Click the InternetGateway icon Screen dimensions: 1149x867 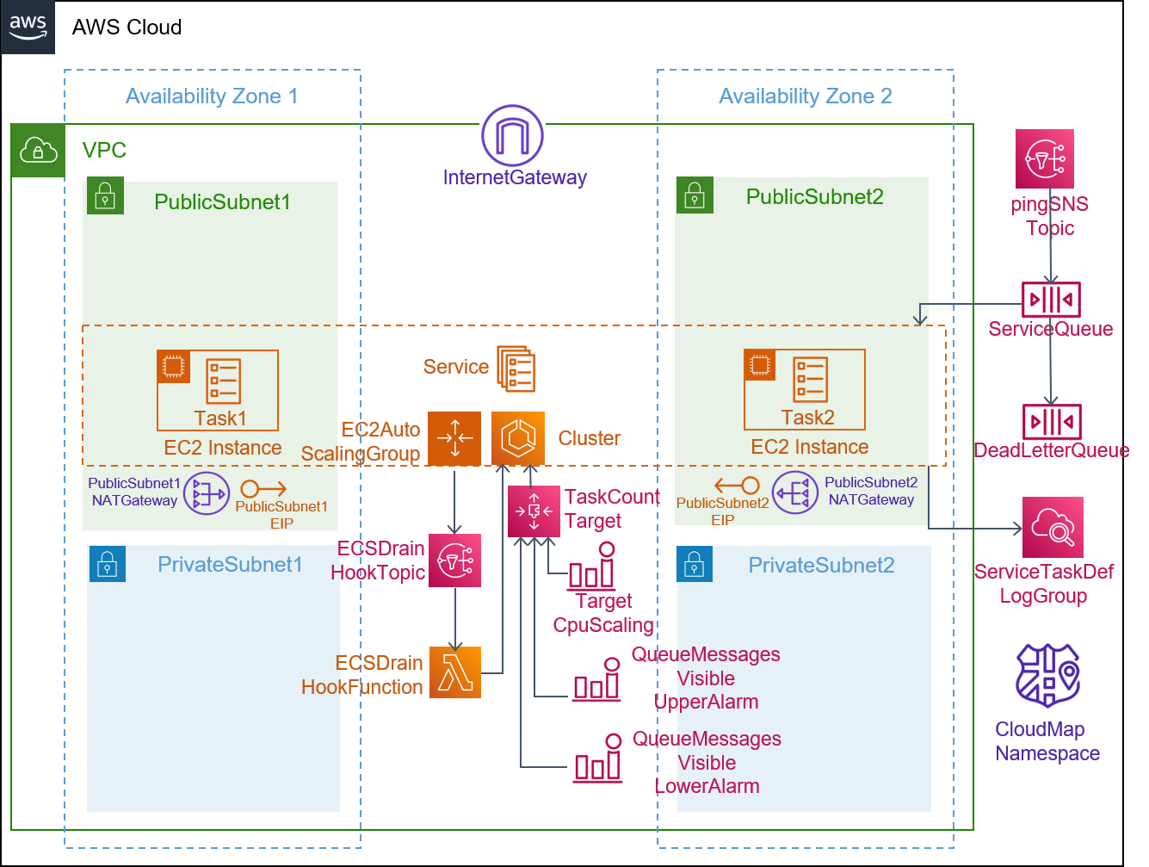coord(512,135)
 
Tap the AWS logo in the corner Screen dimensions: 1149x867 coord(28,28)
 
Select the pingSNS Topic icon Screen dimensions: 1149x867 coord(1044,158)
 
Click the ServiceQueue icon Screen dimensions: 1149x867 coord(1051,300)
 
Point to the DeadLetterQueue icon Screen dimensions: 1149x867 coord(1051,422)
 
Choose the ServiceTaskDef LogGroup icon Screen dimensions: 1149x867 coord(1052,527)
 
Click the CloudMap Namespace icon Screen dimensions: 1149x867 coord(1047,675)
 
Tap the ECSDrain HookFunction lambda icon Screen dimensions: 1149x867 coord(455,672)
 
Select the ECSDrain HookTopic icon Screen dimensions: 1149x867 coord(454,560)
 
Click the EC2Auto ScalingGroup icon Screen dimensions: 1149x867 coord(454,438)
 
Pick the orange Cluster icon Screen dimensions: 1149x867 coord(518,438)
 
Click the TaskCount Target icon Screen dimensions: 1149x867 coord(534,511)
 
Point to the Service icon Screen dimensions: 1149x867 coord(516,368)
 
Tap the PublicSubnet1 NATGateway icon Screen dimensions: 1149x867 coord(207,493)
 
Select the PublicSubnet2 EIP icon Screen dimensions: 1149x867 coord(737,486)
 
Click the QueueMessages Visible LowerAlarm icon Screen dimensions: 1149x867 coord(597,758)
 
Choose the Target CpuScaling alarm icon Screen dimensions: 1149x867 coord(591,566)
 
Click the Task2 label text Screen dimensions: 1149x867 coord(807,418)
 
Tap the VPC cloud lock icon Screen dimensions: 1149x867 coord(38,151)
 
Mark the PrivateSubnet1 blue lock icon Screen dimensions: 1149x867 coord(108,564)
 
